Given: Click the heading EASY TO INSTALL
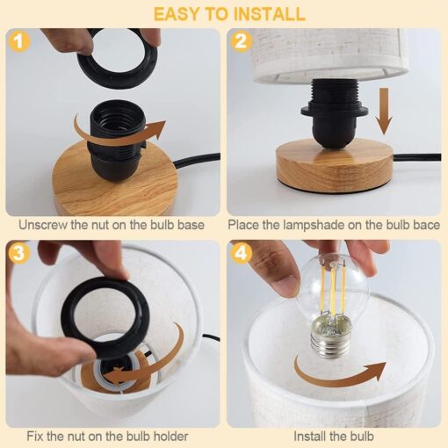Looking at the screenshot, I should [223, 14].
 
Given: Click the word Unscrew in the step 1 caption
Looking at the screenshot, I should [44, 225].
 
